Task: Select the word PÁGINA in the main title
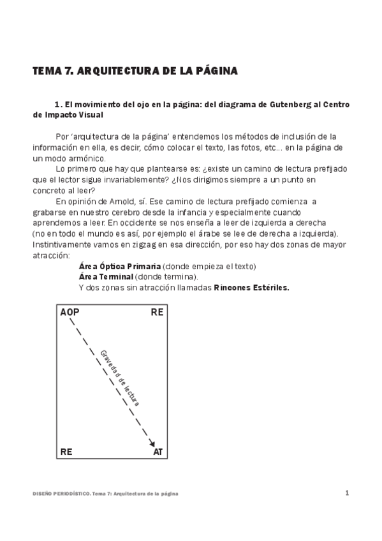[x=216, y=71]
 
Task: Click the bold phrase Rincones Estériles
[x=251, y=287]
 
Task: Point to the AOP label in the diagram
[x=70, y=313]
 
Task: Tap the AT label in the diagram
[x=158, y=452]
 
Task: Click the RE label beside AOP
[x=158, y=313]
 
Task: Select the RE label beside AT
[x=66, y=452]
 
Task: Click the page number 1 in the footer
[x=347, y=493]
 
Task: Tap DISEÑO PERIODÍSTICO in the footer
[x=60, y=494]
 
